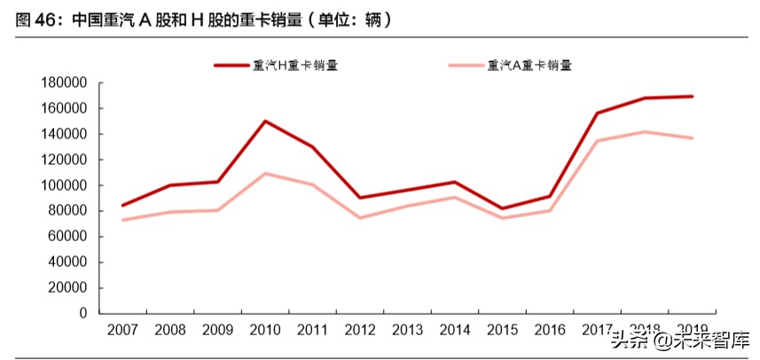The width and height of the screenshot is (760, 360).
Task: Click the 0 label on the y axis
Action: [x=83, y=313]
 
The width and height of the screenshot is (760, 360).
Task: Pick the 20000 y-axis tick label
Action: [x=67, y=287]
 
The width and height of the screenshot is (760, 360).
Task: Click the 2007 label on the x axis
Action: [x=122, y=331]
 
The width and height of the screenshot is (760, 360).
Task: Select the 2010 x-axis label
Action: [x=265, y=331]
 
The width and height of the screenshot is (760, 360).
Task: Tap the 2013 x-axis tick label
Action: [x=408, y=331]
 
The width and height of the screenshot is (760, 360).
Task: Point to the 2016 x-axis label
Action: [x=551, y=331]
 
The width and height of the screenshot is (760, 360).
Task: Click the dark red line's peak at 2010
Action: [x=265, y=121]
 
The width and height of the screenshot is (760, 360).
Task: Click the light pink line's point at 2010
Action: [x=265, y=174]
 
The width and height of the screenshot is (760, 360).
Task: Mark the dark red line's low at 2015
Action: [x=503, y=209]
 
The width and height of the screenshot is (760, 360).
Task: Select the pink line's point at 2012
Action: [x=360, y=218]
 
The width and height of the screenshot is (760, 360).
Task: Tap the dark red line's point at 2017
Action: [x=598, y=113]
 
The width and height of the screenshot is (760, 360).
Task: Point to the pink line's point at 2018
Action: [x=646, y=132]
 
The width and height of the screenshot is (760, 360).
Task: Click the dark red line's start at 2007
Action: [x=122, y=206]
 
